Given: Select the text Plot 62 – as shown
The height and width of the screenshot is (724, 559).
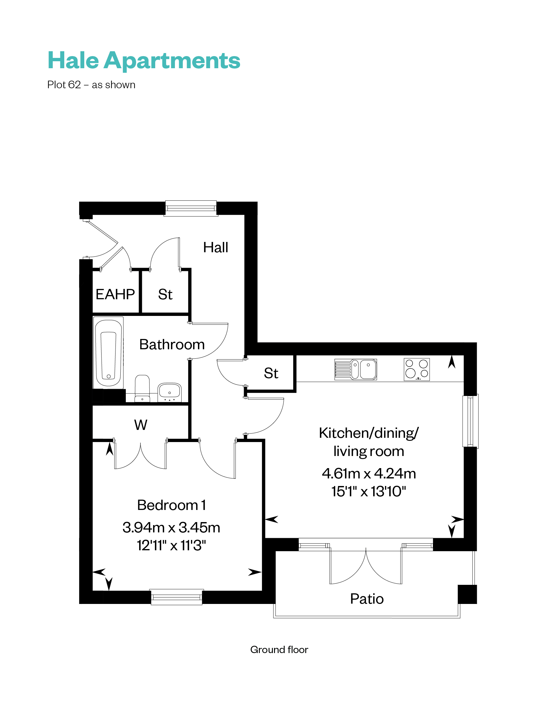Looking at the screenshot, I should click(91, 85).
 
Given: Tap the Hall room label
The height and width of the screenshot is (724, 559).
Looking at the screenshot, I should click(216, 247).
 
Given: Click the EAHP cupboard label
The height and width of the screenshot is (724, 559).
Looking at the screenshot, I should click(115, 294).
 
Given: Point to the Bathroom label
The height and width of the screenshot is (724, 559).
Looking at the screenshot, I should click(172, 344).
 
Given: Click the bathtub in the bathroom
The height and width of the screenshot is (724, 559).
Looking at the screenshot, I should click(109, 352).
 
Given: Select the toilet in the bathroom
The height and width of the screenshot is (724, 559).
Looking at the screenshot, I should click(142, 388).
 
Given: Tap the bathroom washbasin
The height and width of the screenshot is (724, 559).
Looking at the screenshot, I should click(169, 391).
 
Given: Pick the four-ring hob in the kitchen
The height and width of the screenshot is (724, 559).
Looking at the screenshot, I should click(417, 369).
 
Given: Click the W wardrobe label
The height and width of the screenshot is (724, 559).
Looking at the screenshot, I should click(141, 425).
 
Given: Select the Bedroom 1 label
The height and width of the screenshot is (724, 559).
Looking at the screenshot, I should click(171, 505).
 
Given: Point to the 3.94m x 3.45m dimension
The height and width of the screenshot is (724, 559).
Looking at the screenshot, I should click(171, 527).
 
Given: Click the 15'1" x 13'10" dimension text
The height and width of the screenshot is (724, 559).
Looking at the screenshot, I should click(369, 491).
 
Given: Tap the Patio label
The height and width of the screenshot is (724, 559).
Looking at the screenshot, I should click(367, 599).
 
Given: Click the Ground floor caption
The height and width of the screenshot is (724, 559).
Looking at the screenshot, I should click(279, 649).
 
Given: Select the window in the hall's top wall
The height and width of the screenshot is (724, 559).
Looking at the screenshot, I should click(191, 208).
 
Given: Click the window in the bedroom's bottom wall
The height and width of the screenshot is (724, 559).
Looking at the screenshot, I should click(177, 597).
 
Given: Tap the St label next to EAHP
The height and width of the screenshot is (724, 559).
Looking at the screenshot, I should click(165, 294).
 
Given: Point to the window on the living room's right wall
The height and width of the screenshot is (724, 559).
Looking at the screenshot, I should click(470, 421).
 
